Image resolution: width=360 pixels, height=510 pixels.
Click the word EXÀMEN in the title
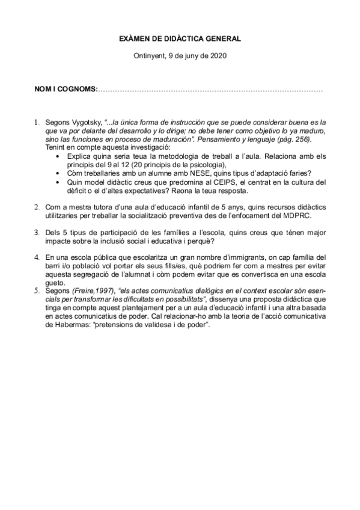pos(136,39)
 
